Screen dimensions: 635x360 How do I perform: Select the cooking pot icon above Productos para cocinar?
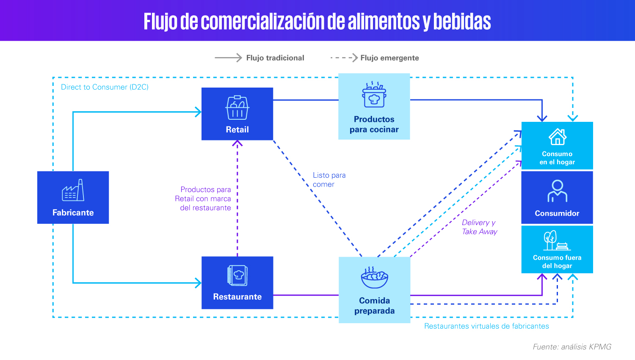374,94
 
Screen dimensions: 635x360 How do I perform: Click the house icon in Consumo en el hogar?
558,137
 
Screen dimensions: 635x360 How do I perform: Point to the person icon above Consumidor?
558,191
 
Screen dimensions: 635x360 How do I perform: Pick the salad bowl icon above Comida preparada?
375,277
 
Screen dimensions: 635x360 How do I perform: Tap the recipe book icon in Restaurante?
237,275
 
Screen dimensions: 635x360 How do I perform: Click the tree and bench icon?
557,240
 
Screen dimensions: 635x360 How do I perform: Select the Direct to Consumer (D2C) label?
105,87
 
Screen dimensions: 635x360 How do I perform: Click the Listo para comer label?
329,179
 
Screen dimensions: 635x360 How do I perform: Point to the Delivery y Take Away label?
479,227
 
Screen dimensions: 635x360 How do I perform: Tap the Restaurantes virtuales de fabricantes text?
486,326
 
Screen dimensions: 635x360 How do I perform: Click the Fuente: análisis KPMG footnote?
572,347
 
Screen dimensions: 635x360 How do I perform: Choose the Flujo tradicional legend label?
275,58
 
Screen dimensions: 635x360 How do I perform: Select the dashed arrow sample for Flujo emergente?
344,58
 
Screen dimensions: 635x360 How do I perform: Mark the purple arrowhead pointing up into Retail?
237,143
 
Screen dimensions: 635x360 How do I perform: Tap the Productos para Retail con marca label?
203,198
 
